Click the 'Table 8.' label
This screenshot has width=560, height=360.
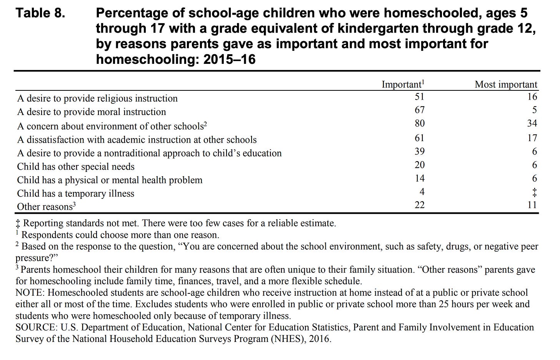click(40, 13)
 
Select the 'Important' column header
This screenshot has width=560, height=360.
click(402, 84)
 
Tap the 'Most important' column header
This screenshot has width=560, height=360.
click(506, 84)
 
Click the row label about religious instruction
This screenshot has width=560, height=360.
click(97, 98)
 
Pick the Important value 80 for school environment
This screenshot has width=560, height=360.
click(420, 123)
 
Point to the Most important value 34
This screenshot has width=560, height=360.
click(532, 123)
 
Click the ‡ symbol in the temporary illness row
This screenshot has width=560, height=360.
click(534, 192)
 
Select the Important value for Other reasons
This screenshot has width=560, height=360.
click(420, 205)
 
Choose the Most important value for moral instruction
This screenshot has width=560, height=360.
click(535, 110)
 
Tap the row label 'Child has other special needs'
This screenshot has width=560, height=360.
click(76, 167)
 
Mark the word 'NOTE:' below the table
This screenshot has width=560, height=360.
click(30, 293)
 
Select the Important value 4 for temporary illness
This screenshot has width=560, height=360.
click(422, 192)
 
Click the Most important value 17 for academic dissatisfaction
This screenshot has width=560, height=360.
click(532, 138)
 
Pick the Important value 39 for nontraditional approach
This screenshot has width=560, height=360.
click(420, 152)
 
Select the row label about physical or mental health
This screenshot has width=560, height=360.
click(110, 180)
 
